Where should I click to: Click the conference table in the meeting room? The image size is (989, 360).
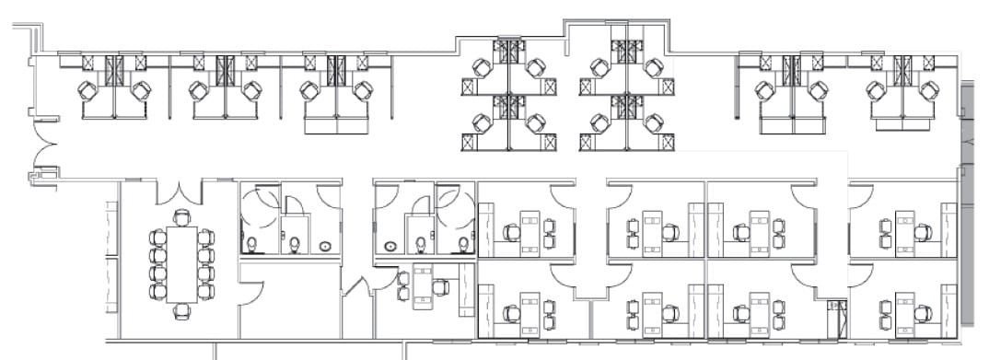[x=182, y=264]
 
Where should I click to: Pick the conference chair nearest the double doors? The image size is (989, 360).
[x=182, y=217]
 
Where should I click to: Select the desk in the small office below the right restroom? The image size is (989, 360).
[x=424, y=285]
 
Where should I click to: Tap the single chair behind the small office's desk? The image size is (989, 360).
[x=442, y=286]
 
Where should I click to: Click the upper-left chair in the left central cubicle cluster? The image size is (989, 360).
[x=481, y=67]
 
